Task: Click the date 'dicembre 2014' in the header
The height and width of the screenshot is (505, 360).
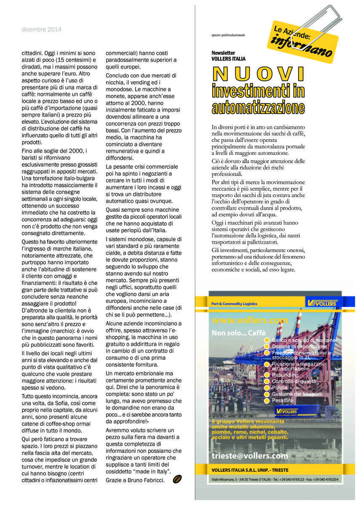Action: [42, 29]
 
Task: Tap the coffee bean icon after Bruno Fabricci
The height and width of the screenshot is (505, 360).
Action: [177, 479]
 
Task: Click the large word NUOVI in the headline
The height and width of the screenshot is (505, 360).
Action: [259, 74]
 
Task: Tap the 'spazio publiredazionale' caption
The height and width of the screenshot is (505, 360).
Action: [228, 35]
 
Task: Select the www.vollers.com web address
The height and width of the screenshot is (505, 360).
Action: [244, 320]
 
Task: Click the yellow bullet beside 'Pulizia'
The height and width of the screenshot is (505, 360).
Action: [266, 388]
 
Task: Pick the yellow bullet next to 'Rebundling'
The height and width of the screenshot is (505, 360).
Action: [266, 375]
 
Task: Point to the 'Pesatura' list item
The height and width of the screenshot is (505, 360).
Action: [282, 401]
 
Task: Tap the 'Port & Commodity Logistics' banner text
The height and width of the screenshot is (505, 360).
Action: [234, 303]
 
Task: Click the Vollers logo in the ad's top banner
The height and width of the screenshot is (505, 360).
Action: [323, 303]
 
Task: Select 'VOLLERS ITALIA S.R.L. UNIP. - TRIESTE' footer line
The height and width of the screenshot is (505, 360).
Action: [250, 470]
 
